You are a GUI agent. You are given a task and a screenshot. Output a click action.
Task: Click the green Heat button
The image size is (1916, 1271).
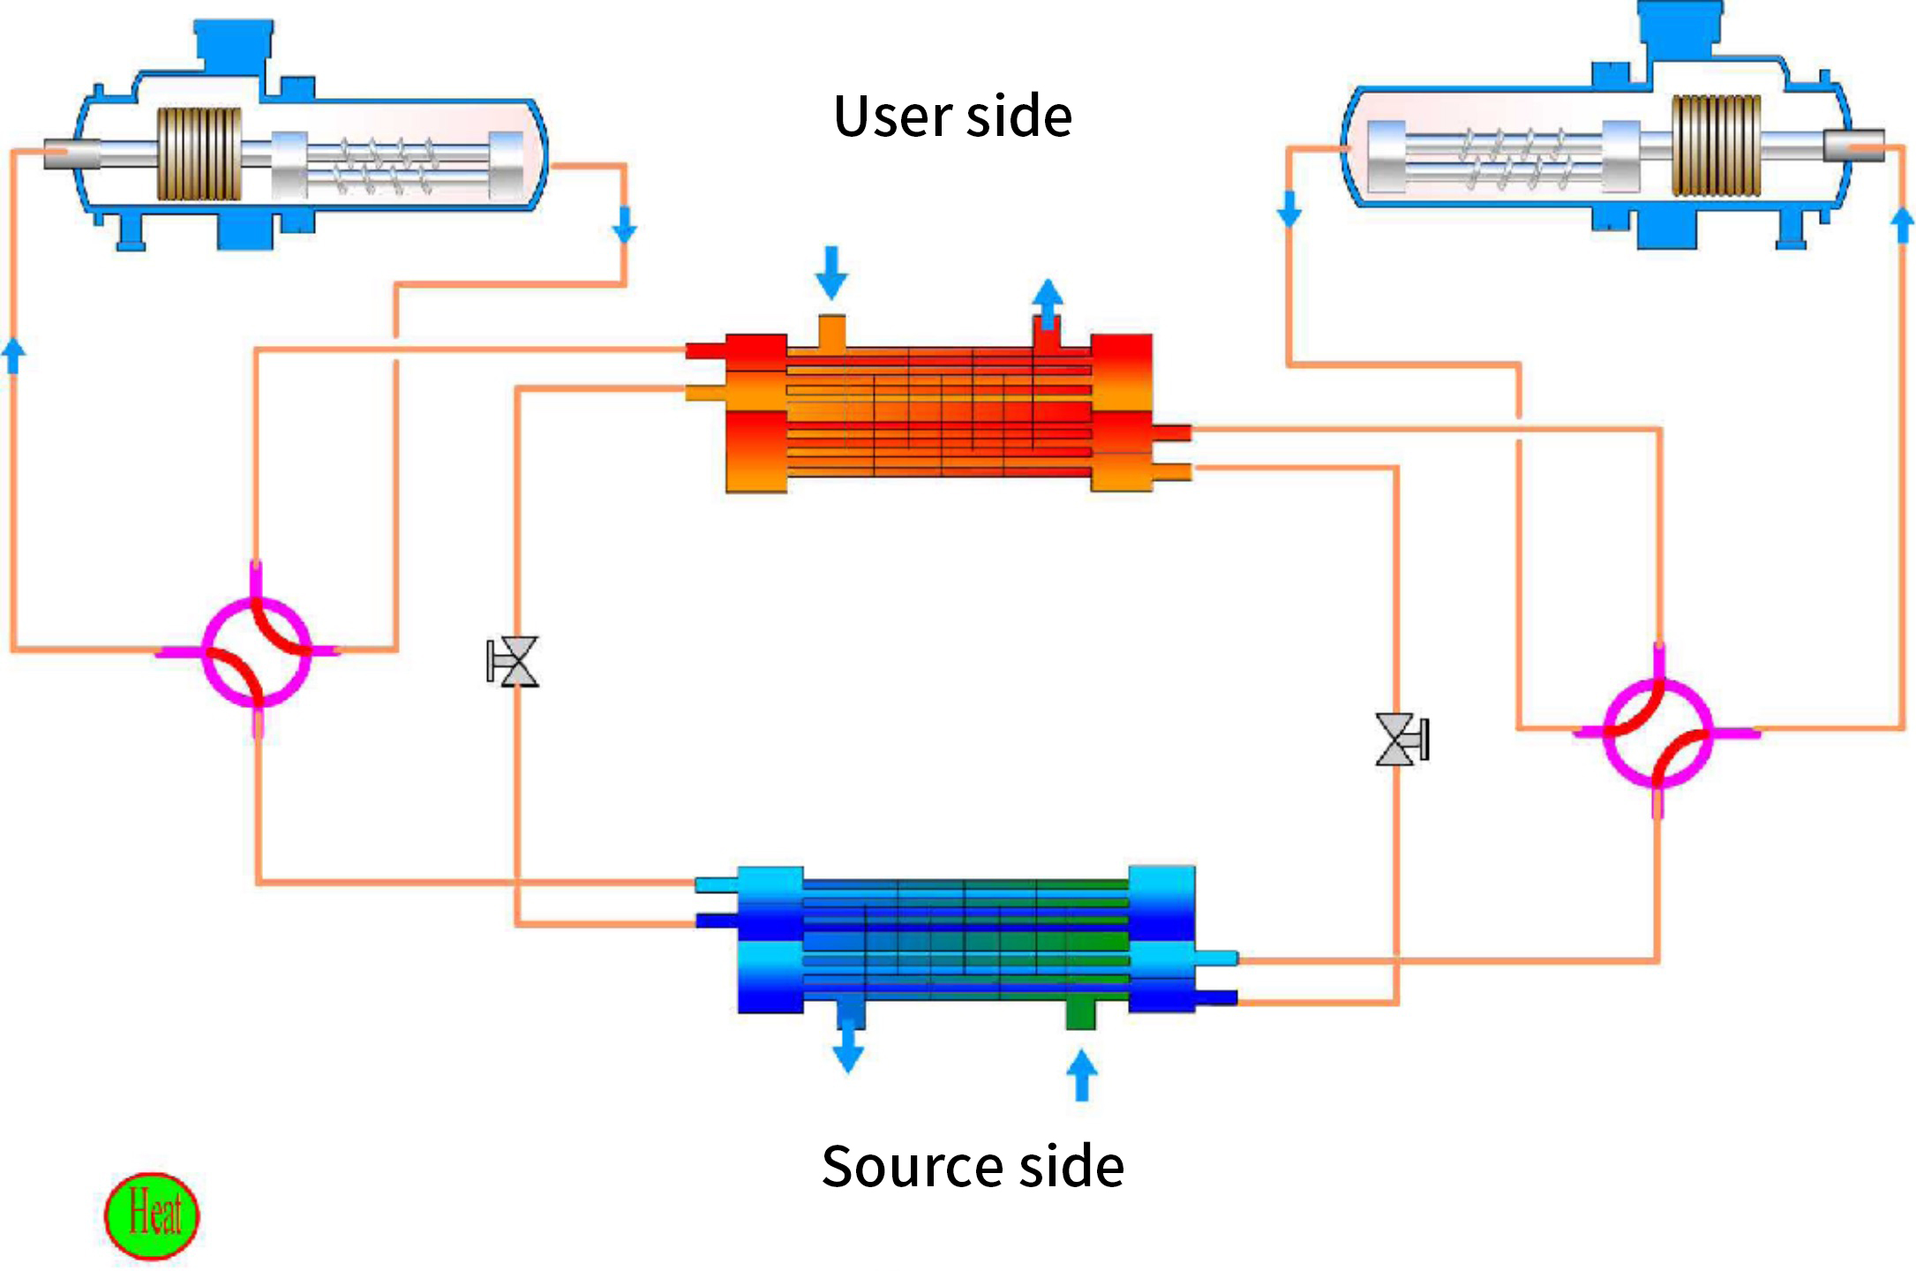[152, 1215]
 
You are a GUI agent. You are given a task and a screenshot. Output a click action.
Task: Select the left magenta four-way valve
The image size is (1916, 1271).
[257, 651]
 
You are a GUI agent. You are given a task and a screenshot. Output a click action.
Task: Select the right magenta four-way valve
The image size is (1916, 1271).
[1657, 733]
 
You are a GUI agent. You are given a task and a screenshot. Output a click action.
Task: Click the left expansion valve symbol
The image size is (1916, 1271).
[514, 661]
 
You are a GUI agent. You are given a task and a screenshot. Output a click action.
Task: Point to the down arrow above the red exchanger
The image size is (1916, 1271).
[831, 273]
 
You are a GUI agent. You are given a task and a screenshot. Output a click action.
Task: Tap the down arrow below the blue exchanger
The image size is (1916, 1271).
[848, 1048]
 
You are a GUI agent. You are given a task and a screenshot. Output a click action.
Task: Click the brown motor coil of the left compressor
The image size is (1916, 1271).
[199, 154]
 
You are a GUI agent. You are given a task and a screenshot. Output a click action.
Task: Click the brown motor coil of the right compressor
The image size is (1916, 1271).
[1717, 145]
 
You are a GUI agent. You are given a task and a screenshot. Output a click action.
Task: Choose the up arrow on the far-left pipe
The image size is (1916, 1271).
[13, 355]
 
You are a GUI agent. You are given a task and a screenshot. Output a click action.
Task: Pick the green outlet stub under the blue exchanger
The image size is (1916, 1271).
[1080, 1012]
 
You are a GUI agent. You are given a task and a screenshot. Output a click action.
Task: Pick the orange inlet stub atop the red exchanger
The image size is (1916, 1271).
[831, 332]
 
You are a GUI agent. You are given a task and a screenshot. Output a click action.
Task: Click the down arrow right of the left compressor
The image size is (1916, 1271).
[625, 224]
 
